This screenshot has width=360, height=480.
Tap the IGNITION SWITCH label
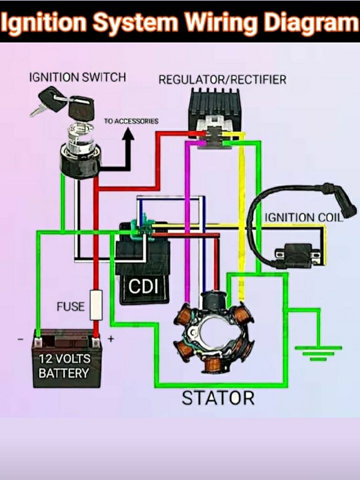click(77, 77)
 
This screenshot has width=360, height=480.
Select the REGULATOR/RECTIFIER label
click(222, 79)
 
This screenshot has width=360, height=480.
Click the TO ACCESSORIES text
click(131, 121)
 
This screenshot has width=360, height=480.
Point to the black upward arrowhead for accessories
click(128, 134)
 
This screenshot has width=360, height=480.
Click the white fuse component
click(96, 305)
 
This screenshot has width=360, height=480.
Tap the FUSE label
click(70, 306)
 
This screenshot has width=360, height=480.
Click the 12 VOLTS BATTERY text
click(64, 366)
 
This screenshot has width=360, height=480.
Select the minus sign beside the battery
click(20, 339)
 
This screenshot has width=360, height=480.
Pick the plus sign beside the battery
click(111, 339)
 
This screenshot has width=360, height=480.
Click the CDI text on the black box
click(143, 286)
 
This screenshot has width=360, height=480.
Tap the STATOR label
click(218, 398)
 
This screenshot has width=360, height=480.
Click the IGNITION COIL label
click(303, 217)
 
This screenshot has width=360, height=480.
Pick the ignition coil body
click(297, 254)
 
